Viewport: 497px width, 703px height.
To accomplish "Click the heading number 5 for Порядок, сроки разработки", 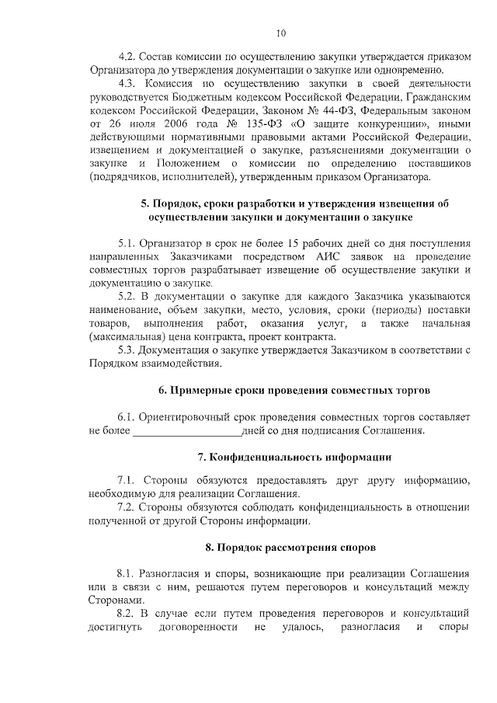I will click(144, 204).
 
